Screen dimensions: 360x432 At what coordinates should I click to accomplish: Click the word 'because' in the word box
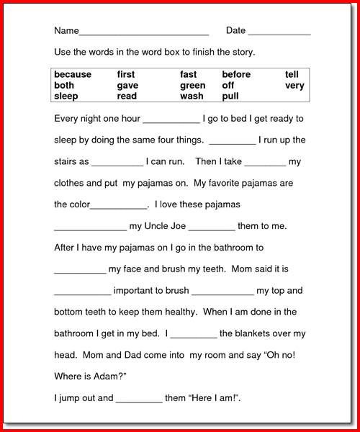point(73,74)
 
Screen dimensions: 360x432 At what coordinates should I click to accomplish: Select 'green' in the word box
point(193,85)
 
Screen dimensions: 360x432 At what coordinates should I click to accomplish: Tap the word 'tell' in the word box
point(292,74)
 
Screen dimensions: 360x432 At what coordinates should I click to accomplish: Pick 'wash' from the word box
point(192,96)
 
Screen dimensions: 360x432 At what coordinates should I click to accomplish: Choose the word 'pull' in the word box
point(230,96)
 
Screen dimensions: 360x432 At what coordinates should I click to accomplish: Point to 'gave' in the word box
point(127,85)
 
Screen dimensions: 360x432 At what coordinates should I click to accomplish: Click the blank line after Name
point(144,33)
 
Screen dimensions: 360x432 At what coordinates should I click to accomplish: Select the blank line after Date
point(279,33)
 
